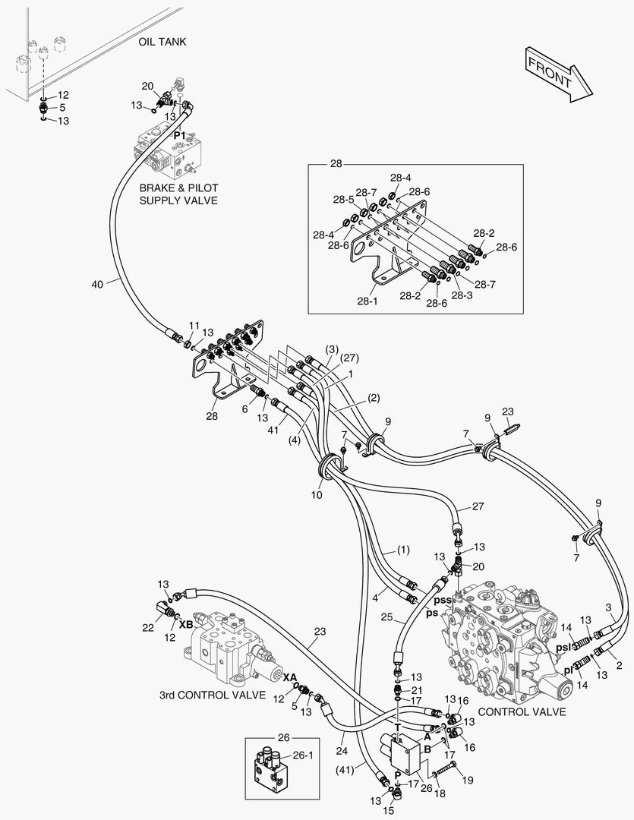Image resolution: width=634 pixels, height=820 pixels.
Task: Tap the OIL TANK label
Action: point(162,42)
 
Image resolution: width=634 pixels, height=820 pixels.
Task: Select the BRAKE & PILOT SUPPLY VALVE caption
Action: point(178,194)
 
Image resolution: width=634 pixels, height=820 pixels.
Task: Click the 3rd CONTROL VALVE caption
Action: point(213,695)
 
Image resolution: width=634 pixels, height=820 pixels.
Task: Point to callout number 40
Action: point(97,284)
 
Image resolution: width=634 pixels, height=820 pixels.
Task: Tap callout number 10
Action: point(316,495)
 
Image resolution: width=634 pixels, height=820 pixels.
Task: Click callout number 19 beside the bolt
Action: point(468,780)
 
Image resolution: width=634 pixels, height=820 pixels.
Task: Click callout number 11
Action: point(194,325)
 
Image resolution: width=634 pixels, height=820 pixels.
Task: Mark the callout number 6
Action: point(244,409)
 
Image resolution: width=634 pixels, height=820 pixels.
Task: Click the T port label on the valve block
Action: point(397,727)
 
